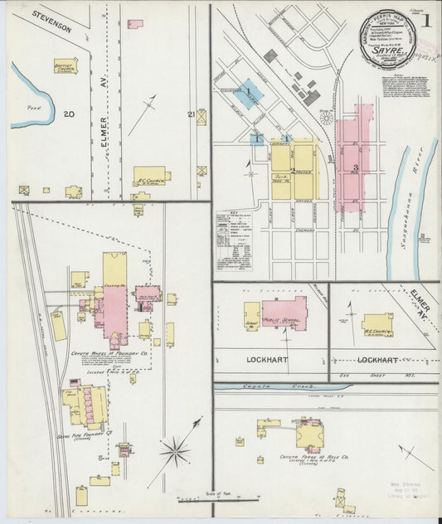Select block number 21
click(192, 114)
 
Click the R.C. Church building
click(151, 176)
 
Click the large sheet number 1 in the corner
click(425, 21)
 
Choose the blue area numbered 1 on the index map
click(248, 90)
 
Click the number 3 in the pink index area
click(355, 168)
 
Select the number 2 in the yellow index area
click(293, 170)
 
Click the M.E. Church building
click(377, 324)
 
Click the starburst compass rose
click(175, 453)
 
